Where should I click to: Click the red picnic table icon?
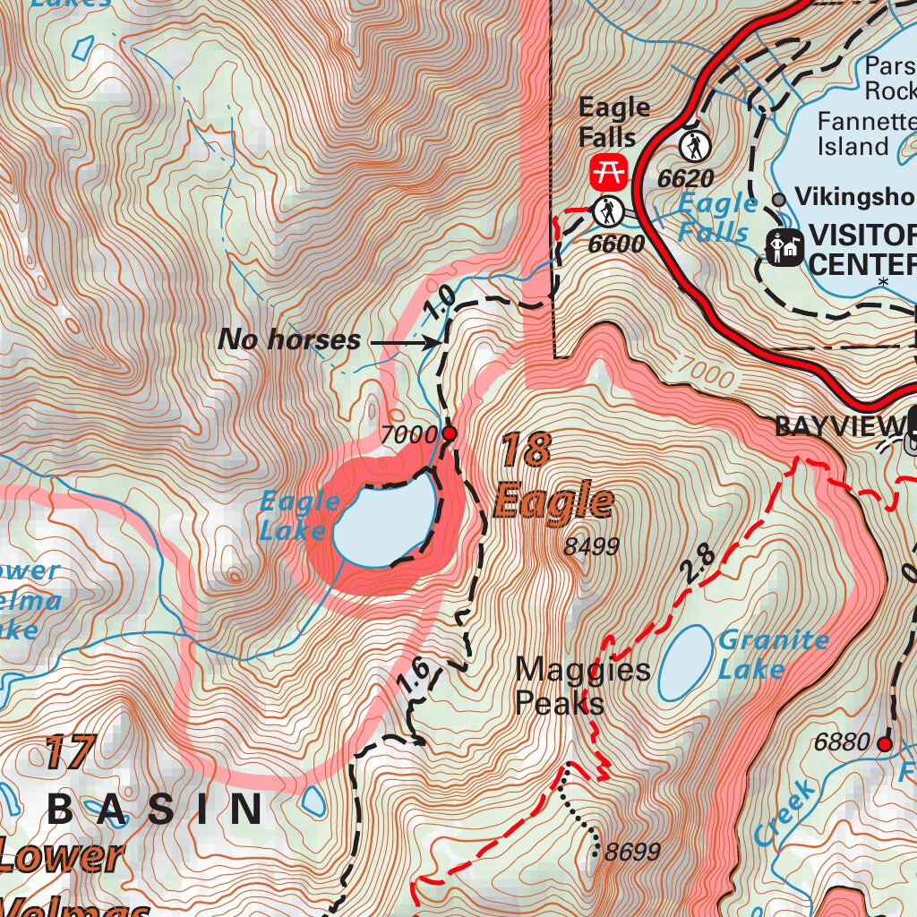[x=610, y=170]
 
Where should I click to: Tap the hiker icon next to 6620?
[x=694, y=145]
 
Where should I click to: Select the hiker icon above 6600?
[x=608, y=212]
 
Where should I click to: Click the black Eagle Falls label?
[x=613, y=123]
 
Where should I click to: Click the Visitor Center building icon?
[x=785, y=248]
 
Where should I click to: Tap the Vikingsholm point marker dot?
[x=779, y=199]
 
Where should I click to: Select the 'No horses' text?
[x=289, y=340]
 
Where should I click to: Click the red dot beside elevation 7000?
[x=450, y=434]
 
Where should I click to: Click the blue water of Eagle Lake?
[x=385, y=524]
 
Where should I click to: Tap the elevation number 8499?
[x=592, y=546]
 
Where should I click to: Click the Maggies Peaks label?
[x=582, y=686]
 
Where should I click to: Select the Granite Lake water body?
[x=685, y=664]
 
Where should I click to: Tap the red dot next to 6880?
[x=885, y=743]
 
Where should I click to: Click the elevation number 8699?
[x=631, y=852]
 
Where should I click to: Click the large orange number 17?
[x=69, y=753]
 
